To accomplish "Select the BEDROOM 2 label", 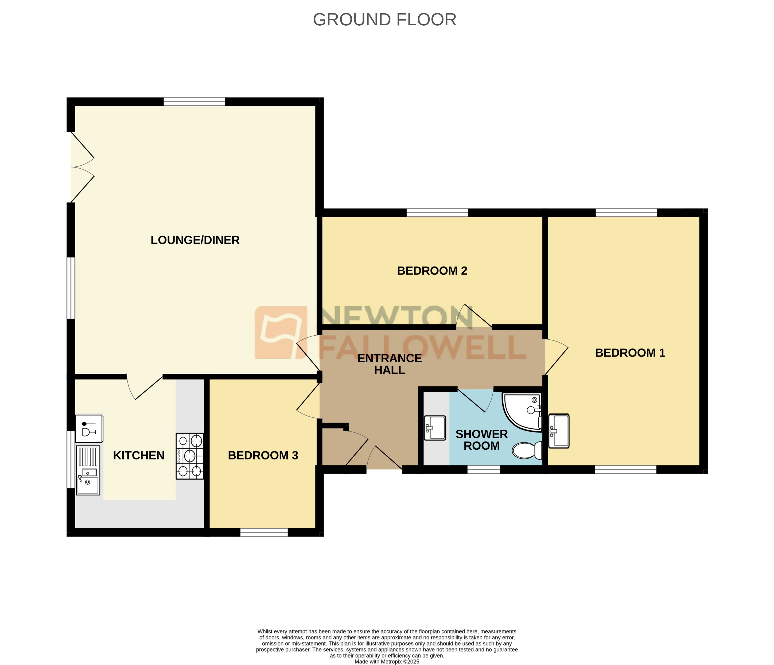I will [x=432, y=271].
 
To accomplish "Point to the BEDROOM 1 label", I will [x=630, y=353].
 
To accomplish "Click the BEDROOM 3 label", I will [x=263, y=455].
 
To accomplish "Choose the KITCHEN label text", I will [x=139, y=455].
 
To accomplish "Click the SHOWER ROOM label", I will [x=481, y=440].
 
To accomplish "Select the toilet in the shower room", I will [x=526, y=450].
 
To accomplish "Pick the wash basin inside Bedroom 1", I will [x=559, y=431].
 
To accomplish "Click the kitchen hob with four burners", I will [x=190, y=456].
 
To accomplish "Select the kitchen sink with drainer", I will [x=88, y=471].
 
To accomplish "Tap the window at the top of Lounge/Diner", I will [x=194, y=102].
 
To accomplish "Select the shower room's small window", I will [x=483, y=470].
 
